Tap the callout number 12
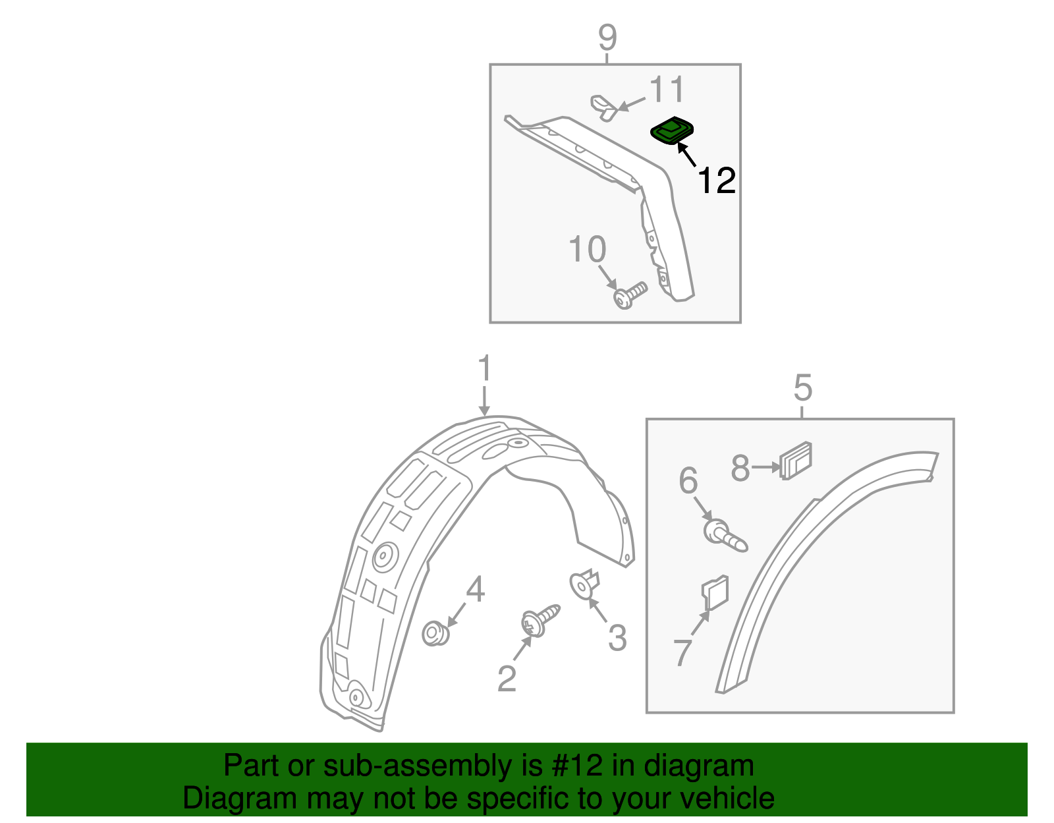pyautogui.click(x=716, y=181)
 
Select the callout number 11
pyautogui.click(x=667, y=90)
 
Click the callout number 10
pyautogui.click(x=587, y=250)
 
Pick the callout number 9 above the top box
pyautogui.click(x=607, y=38)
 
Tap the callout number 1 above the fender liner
pyautogui.click(x=485, y=369)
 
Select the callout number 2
pyautogui.click(x=507, y=679)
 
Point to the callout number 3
pyautogui.click(x=617, y=638)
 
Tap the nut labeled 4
pyautogui.click(x=435, y=635)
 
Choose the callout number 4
pyautogui.click(x=475, y=590)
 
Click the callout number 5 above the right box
pyautogui.click(x=802, y=387)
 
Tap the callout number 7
pyautogui.click(x=683, y=653)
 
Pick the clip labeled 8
pyautogui.click(x=796, y=459)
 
